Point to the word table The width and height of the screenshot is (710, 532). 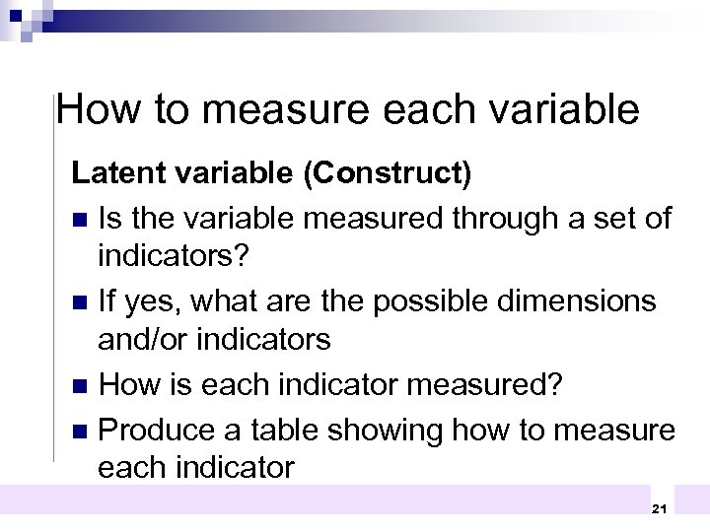[x=282, y=431]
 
